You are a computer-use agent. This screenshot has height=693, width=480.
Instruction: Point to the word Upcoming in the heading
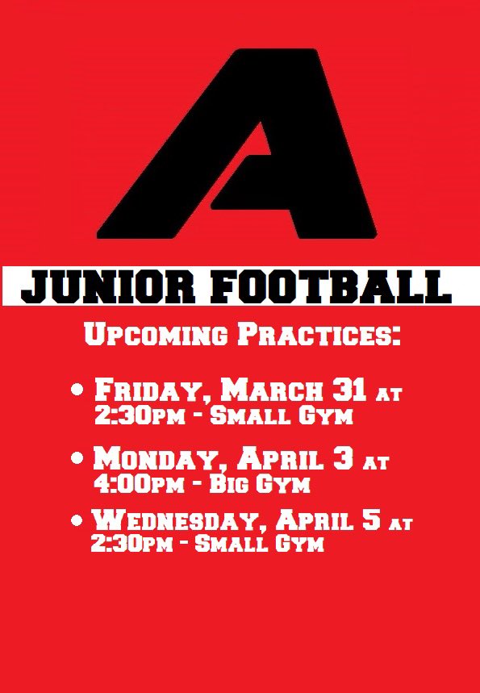(149, 336)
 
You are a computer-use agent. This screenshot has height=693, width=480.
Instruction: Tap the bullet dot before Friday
(78, 390)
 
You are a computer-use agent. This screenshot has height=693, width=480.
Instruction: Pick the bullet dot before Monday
(78, 458)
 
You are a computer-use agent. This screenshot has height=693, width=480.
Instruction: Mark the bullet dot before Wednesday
(78, 520)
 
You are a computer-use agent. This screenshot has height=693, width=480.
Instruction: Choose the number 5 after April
(369, 520)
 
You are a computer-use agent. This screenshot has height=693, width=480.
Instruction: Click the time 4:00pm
(133, 485)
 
